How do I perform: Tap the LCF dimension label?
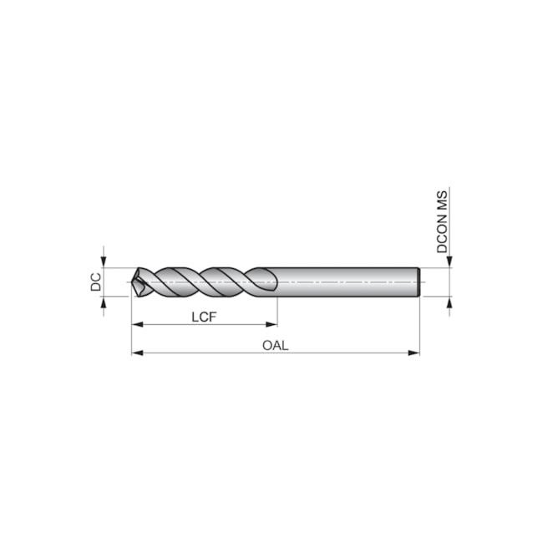pos(205,316)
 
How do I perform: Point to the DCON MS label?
pos(443,221)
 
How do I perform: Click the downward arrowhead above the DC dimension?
pos(104,261)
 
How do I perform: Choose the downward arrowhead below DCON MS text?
pos(449,261)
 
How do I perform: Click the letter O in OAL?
pos(266,345)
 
